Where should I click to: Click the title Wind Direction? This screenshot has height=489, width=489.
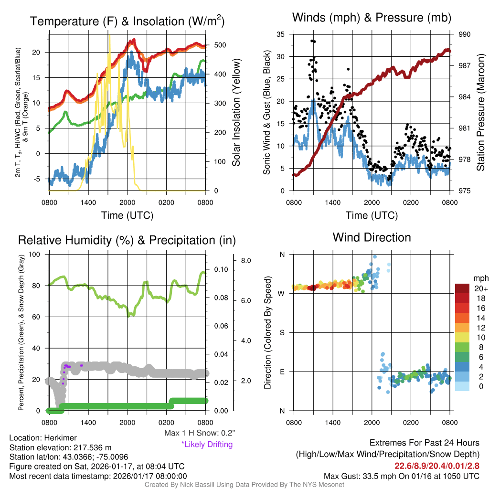(372, 237)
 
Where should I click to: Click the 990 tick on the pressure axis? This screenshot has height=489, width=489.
(465, 34)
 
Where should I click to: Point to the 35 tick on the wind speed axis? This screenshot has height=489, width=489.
(281, 34)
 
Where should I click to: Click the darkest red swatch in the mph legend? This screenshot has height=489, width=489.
(463, 288)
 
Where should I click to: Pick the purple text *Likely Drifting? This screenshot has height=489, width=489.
(207, 444)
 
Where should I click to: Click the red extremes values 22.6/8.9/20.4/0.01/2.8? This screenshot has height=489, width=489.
(436, 466)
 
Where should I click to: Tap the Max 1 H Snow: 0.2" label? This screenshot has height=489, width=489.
(199, 433)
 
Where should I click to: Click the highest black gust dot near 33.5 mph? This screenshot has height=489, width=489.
(312, 41)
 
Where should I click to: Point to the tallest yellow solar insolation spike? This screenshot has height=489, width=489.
(110, 36)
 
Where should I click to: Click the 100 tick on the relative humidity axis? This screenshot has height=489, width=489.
(39, 254)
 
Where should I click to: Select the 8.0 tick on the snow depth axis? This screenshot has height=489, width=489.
(246, 261)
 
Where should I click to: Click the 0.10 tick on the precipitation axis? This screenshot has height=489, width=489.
(220, 270)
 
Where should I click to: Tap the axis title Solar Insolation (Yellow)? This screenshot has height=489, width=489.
(235, 113)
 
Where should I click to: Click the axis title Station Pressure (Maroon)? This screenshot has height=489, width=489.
(480, 113)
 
